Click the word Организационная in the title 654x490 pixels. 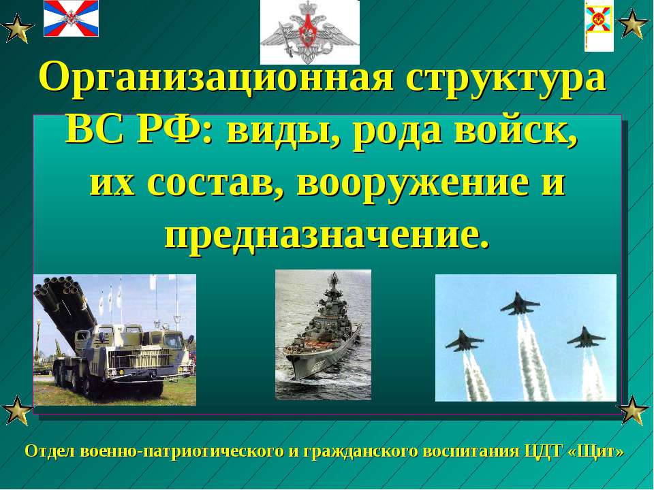(216, 78)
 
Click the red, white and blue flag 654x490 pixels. (72, 18)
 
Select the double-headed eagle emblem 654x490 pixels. (310, 32)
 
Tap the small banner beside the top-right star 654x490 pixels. (599, 27)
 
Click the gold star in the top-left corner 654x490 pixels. (16, 29)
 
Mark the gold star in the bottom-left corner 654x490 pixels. (16, 410)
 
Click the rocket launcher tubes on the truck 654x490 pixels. (65, 304)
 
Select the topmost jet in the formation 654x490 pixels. (519, 304)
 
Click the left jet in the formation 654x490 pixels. (464, 340)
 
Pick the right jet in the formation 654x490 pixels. (586, 338)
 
